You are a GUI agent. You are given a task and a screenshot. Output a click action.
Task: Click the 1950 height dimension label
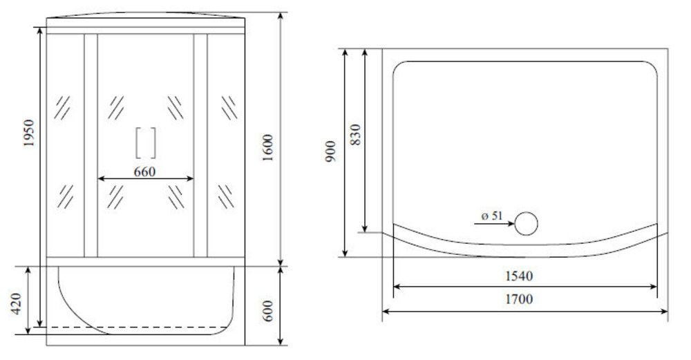(x=28, y=133)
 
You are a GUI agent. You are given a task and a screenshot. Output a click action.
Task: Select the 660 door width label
(x=144, y=171)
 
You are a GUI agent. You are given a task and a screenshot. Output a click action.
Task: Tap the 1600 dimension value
(x=268, y=148)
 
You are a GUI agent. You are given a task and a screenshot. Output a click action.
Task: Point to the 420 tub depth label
(x=17, y=303)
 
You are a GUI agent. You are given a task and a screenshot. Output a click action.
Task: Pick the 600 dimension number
(x=268, y=311)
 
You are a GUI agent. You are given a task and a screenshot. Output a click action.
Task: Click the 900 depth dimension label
(x=331, y=151)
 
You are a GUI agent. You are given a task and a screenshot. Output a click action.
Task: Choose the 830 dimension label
(x=356, y=135)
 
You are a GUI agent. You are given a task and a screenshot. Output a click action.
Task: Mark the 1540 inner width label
(x=519, y=276)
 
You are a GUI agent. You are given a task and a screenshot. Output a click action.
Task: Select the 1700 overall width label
(x=519, y=299)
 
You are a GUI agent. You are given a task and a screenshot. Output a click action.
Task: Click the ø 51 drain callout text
(x=492, y=216)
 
